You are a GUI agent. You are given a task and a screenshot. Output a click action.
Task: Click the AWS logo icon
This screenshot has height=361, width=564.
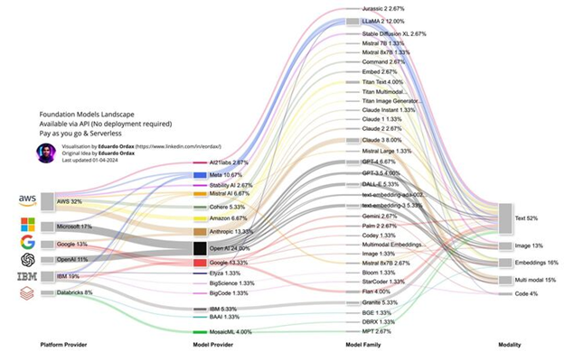(x=27, y=199)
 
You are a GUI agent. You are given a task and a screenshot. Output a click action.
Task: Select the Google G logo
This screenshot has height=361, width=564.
(x=27, y=243)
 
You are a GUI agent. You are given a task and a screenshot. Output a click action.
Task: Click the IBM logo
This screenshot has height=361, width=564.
(x=27, y=276)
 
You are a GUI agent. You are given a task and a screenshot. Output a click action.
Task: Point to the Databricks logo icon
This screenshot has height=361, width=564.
(x=27, y=293)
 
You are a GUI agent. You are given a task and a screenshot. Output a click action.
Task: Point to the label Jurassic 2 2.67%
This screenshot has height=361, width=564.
(x=385, y=7)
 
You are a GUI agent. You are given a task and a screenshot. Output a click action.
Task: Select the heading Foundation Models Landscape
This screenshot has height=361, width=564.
(x=88, y=115)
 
